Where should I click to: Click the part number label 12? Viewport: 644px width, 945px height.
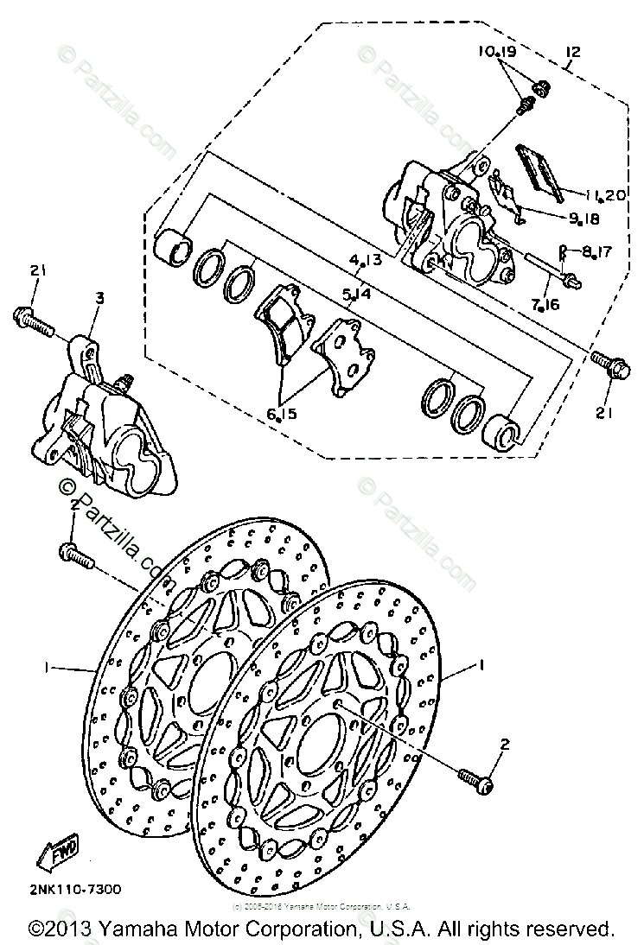572,53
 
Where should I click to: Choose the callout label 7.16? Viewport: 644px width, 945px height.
548,304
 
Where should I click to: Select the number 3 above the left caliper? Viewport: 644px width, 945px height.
99,297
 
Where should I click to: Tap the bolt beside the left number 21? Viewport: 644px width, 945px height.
33,321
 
